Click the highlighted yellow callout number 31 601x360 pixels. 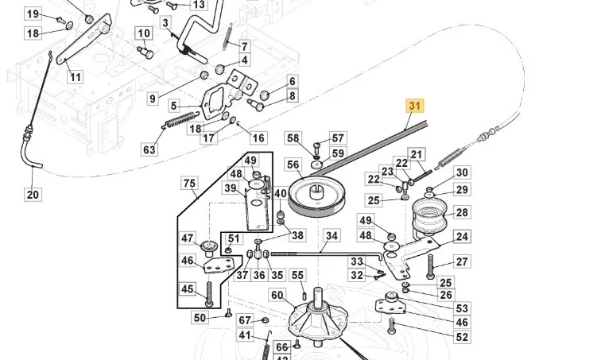click(415, 106)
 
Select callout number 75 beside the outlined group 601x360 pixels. click(190, 183)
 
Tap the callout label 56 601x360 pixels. click(293, 165)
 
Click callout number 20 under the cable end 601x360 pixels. click(33, 194)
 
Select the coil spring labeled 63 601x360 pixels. click(181, 120)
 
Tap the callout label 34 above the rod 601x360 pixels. click(332, 235)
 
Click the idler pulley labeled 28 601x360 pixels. click(430, 215)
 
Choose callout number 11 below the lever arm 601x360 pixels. click(75, 77)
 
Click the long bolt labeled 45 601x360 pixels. click(209, 294)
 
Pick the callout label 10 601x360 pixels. click(144, 33)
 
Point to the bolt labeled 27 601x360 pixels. click(430, 267)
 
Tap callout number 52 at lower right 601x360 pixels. click(462, 337)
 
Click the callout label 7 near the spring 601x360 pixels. click(245, 46)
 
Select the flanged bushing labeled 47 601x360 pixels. click(209, 248)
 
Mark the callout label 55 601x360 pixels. click(297, 275)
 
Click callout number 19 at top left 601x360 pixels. click(33, 14)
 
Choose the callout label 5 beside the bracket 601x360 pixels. click(174, 106)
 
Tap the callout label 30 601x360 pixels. click(462, 172)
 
